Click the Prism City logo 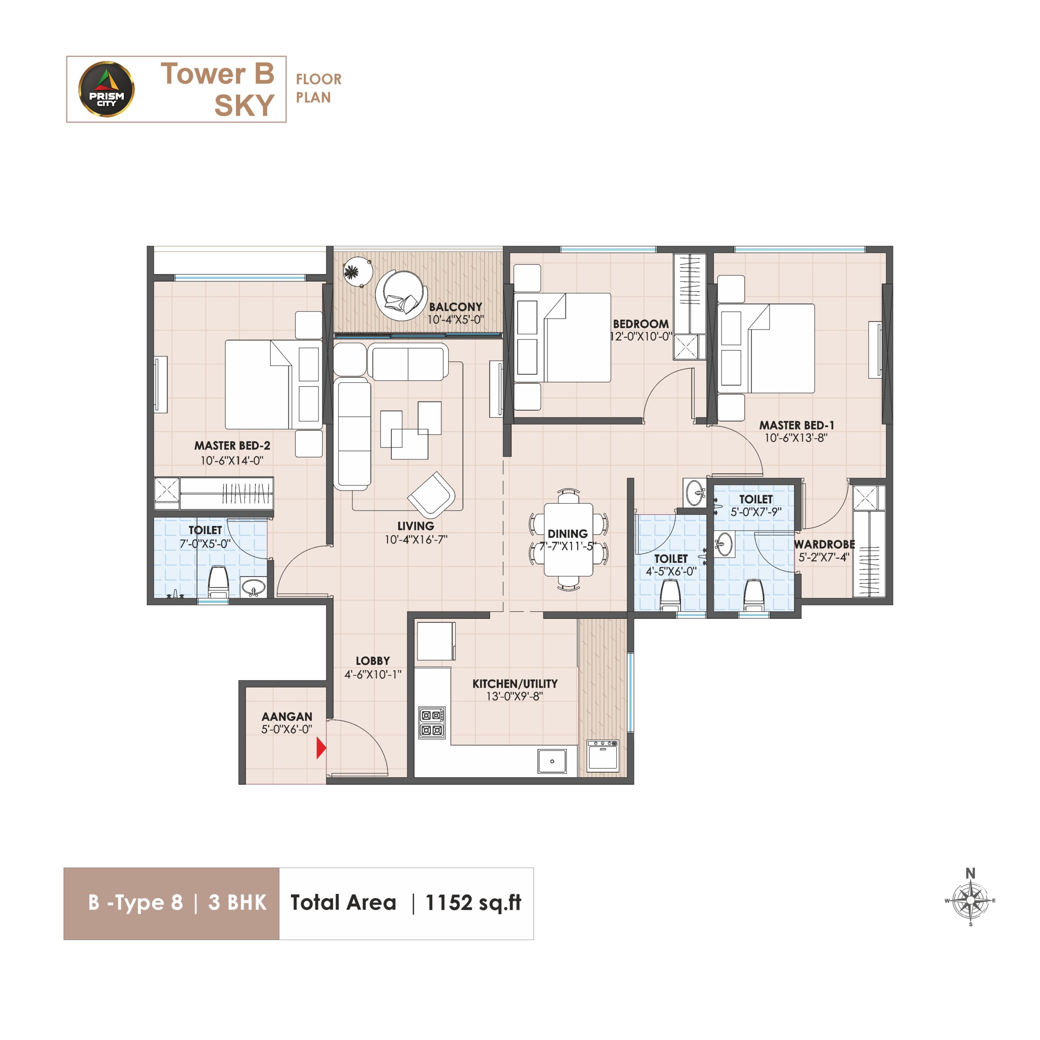tap(106, 89)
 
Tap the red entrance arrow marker tap(321, 748)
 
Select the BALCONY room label tap(455, 307)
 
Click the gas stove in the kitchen tap(432, 722)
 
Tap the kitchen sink tap(552, 761)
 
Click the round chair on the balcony tap(401, 295)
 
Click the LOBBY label tap(373, 661)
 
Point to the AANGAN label tap(287, 717)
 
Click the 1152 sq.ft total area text tap(473, 902)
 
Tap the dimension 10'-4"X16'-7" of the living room tap(416, 539)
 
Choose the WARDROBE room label tap(824, 544)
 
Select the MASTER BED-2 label tap(232, 446)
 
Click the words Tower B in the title tap(217, 74)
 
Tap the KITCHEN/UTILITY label tap(515, 684)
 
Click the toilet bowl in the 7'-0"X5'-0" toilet tap(218, 581)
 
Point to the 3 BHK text tap(237, 902)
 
